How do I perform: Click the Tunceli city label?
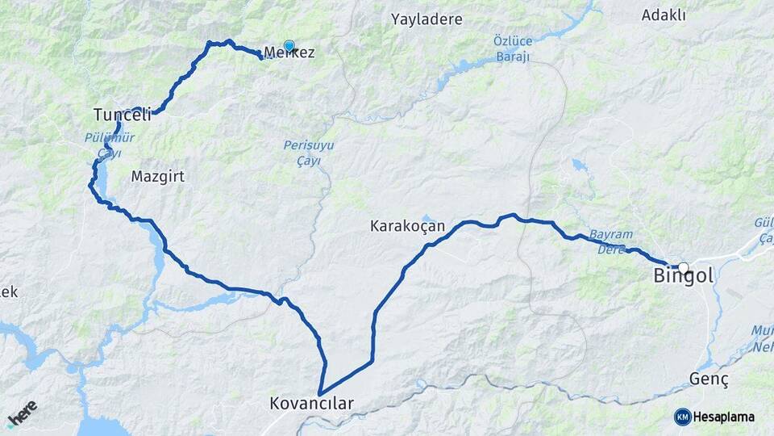pos(123,115)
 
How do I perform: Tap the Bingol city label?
pos(682,276)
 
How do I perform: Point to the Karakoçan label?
pos(407,226)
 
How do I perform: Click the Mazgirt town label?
pos(157,175)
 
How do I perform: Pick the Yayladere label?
pos(427,18)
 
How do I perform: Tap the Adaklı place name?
pos(664,15)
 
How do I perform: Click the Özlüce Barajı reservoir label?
pos(512,48)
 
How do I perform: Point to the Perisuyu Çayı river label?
pos(309,153)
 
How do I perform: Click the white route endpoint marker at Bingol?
pos(684,268)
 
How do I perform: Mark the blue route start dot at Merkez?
pos(289,46)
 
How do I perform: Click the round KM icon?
pos(683,417)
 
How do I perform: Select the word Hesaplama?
pos(724,417)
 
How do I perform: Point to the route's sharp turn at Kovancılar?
pos(321,393)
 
